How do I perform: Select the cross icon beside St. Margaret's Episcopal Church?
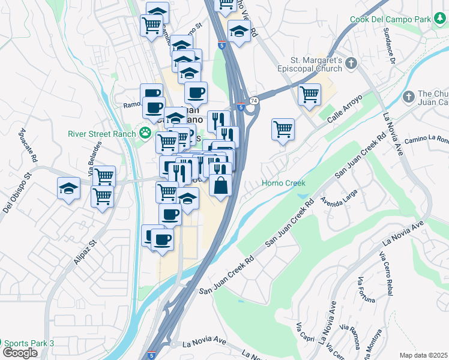[352, 62]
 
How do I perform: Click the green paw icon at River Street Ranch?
[145, 133]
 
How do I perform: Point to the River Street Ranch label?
[103, 133]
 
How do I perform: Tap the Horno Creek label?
[283, 183]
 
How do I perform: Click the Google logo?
[20, 353]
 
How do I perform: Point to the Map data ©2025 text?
[423, 355]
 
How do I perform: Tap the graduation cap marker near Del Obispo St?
[68, 188]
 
